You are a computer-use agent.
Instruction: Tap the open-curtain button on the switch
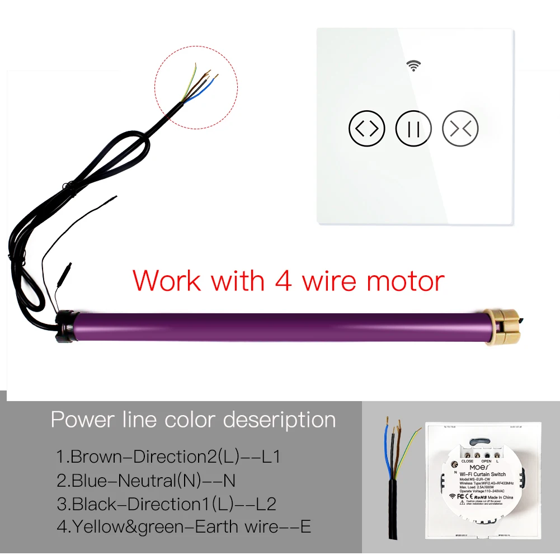click(x=367, y=129)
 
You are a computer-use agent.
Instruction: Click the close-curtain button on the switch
click(x=460, y=129)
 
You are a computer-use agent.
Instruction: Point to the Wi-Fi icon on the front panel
click(x=414, y=67)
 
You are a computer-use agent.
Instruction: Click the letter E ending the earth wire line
click(x=305, y=526)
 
